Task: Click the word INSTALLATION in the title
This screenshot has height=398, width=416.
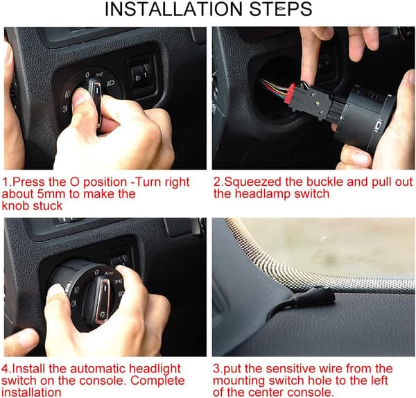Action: coord(174,9)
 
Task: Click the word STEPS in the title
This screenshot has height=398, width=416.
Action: coord(281,9)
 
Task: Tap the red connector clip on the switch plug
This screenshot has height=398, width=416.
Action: coord(290,94)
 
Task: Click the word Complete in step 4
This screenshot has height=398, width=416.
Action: coord(157,381)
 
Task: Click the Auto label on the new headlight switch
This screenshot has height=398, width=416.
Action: coord(109,273)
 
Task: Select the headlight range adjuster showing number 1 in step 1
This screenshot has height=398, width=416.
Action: coord(141,76)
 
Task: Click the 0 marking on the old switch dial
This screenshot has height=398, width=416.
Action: coord(87,75)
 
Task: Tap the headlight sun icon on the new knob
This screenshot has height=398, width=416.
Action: coord(102,315)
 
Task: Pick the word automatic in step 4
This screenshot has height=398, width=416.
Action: coord(97,369)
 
